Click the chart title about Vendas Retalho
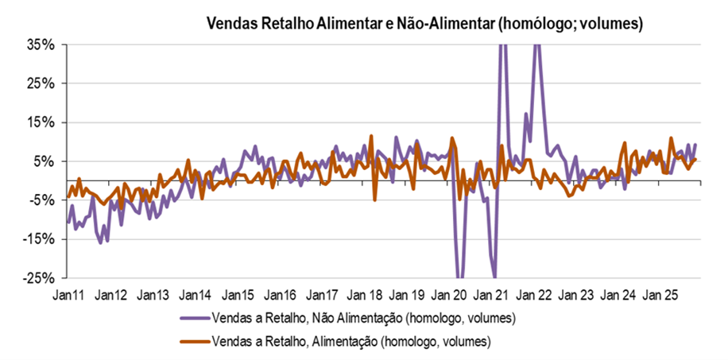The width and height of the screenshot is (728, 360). pos(424,23)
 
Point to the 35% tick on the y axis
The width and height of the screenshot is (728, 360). pos(40,45)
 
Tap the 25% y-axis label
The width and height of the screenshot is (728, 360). pos(40,83)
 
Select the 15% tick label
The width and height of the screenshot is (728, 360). pos(40,122)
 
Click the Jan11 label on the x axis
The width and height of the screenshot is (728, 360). pos(70,295)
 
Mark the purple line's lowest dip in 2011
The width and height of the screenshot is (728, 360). pos(100,242)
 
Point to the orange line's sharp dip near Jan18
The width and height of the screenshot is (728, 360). pos(374,199)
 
